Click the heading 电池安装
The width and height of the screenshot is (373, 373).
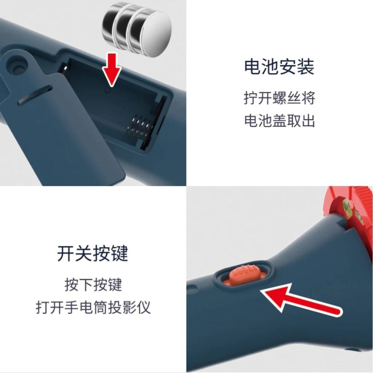pos(279,67)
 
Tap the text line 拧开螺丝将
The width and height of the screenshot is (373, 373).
pos(279,98)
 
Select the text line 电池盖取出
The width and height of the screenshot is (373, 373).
pos(279,121)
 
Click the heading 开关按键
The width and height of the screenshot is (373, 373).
pos(93,254)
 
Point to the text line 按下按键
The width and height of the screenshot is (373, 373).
pos(93,285)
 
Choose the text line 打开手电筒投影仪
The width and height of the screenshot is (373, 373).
pos(93,308)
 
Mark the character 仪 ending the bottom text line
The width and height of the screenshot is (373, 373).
pos(144,308)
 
